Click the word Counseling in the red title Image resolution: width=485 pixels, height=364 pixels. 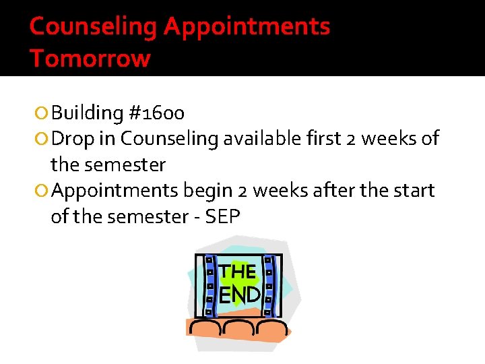click(94, 27)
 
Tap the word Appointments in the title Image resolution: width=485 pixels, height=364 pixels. click(247, 27)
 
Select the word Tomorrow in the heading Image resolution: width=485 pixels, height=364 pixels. click(90, 59)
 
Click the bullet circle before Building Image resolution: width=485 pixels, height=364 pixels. click(42, 113)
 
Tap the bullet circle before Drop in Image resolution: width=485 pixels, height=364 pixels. click(42, 139)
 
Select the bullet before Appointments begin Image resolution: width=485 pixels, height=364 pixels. click(42, 191)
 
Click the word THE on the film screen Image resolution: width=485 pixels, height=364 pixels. click(238, 272)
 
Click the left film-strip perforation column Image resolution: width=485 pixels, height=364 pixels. click(209, 286)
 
